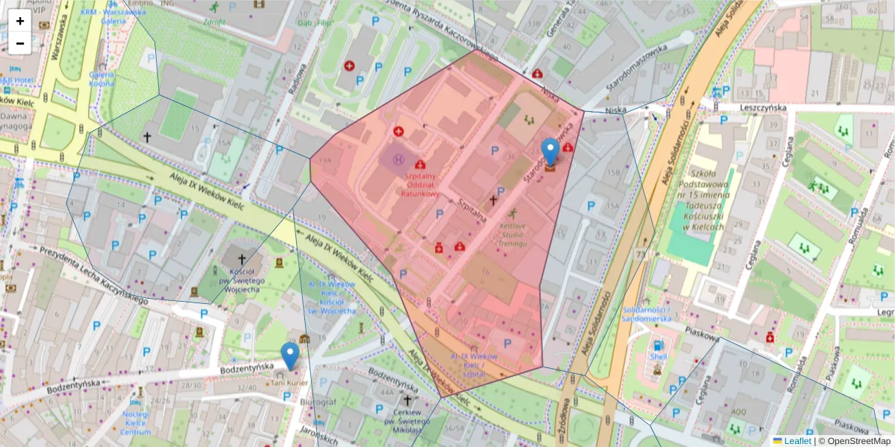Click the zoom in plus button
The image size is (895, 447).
click(20, 21)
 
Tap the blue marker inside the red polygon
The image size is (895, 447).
click(550, 152)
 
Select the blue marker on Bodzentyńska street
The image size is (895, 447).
click(289, 355)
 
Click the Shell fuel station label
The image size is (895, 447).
click(657, 356)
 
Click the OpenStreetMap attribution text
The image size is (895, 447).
click(854, 441)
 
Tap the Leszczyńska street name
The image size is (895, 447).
click(763, 107)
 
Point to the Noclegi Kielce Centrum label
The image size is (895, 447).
click(136, 422)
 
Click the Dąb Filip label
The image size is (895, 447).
click(314, 23)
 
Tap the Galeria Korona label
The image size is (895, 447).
click(101, 79)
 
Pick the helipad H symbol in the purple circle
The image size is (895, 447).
click(398, 158)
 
